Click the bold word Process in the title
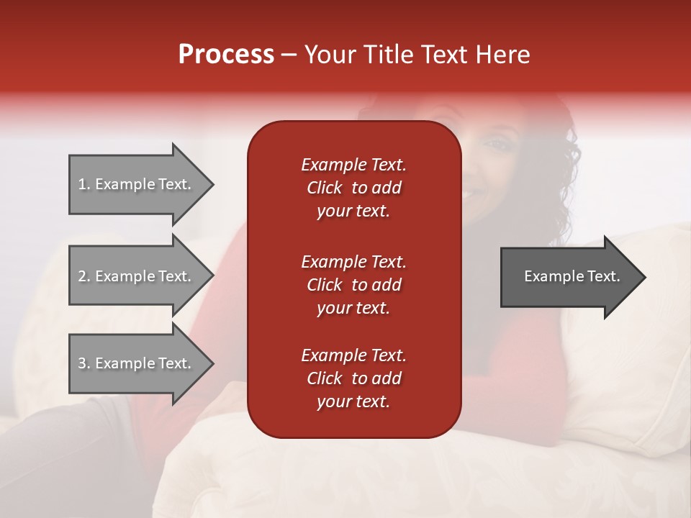coord(226,54)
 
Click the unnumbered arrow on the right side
coord(569,276)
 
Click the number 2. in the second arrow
coord(84,276)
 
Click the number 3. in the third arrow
coord(84,363)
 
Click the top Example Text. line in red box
coord(353,165)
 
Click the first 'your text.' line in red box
coord(353,211)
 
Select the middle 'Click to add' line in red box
coord(353,285)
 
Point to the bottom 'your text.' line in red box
coord(353,401)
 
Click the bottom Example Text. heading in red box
coord(353,355)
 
